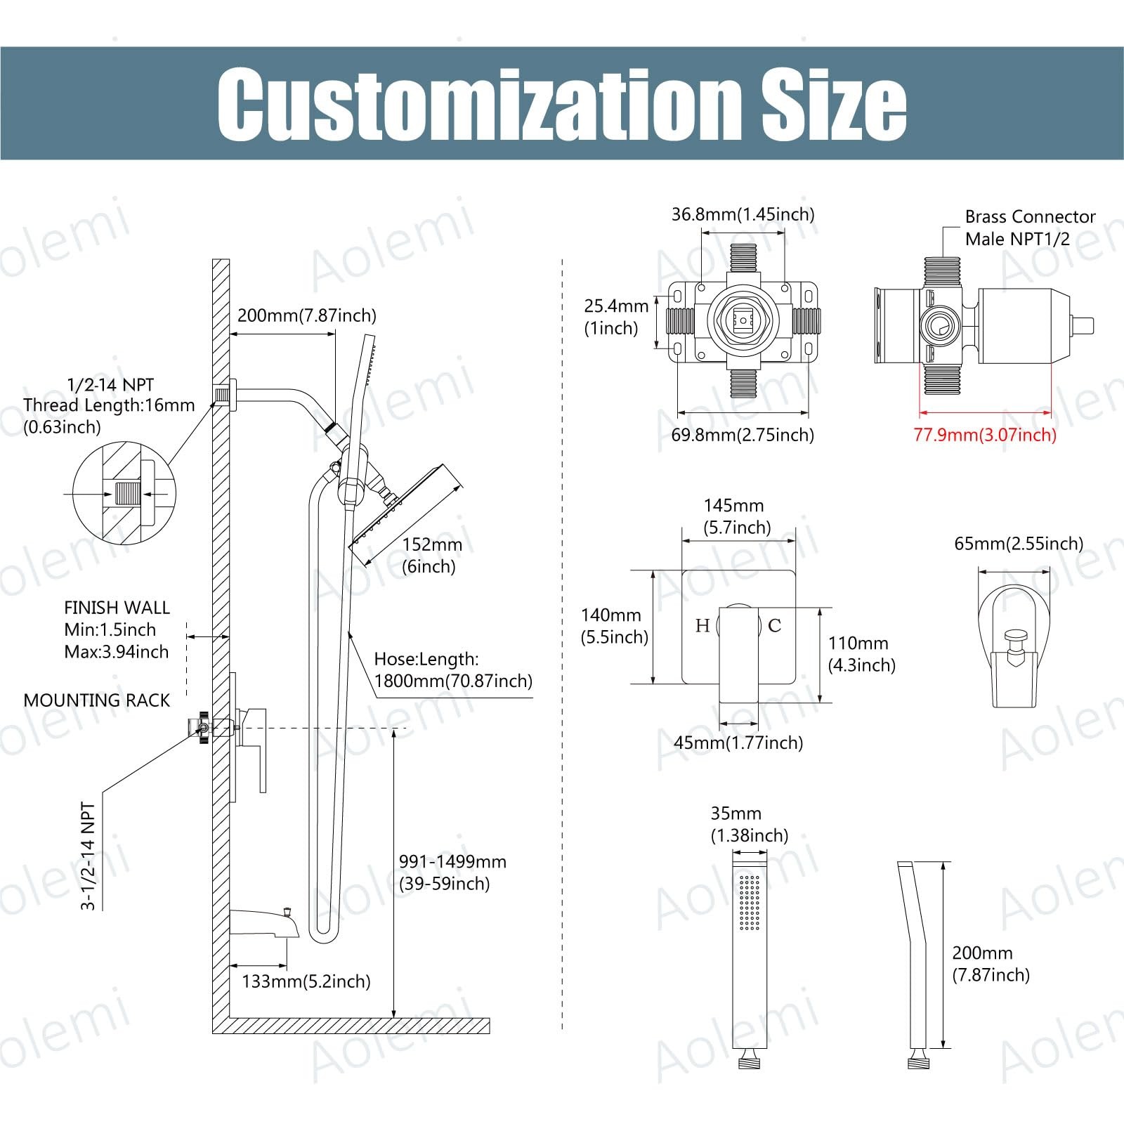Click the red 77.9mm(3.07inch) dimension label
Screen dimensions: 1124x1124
(985, 435)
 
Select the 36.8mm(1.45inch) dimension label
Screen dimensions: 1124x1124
(743, 214)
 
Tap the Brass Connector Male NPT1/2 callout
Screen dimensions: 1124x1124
(1030, 228)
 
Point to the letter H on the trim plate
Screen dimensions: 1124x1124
(702, 625)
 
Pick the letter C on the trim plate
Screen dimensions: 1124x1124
(774, 625)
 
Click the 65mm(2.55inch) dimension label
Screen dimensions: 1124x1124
(1019, 544)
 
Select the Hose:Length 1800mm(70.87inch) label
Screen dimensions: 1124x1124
(453, 670)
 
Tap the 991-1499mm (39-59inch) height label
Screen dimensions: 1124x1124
(452, 873)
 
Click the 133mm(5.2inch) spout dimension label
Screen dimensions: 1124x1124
(306, 981)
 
